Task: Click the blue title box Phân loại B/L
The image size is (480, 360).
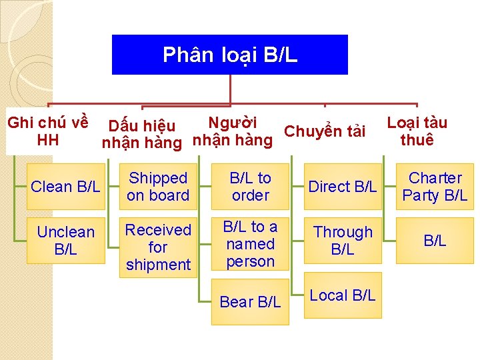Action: (230, 55)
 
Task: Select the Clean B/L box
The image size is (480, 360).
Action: (65, 187)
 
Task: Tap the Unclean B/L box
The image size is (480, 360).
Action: (65, 241)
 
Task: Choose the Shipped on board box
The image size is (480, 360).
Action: (158, 187)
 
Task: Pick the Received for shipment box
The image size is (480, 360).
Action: (158, 247)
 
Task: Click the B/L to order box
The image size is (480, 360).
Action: (250, 187)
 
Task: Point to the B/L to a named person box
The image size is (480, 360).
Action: (250, 244)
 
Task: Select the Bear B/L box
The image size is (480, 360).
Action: (250, 302)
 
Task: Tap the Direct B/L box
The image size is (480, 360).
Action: (343, 187)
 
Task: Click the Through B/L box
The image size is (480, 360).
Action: (343, 241)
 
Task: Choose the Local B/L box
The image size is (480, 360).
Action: (343, 295)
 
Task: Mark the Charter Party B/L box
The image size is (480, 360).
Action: (435, 187)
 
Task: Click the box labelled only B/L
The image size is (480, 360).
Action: (435, 241)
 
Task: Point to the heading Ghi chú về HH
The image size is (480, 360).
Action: (47, 131)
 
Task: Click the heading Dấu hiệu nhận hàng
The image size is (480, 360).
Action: (141, 134)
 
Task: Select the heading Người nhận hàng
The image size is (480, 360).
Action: (232, 131)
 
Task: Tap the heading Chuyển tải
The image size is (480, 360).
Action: (325, 131)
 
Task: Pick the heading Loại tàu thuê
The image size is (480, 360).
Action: (417, 131)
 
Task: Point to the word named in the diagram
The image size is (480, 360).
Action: (250, 244)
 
